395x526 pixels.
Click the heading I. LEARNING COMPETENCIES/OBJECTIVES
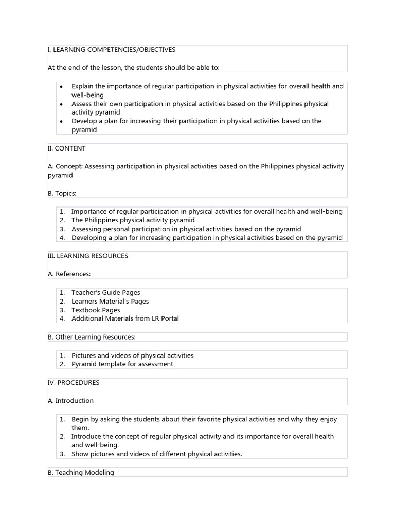[112, 50]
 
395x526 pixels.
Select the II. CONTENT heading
[67, 148]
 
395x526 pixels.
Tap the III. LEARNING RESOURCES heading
[88, 256]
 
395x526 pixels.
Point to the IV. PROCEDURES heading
[74, 383]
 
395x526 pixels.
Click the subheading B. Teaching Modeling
[81, 473]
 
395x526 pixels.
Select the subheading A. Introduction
[71, 401]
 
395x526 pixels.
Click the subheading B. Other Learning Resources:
[92, 337]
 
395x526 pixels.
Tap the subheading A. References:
[69, 274]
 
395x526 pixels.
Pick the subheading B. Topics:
[62, 194]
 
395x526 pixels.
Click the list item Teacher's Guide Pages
[105, 293]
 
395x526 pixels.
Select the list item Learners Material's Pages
[110, 302]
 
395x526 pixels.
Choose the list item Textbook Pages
[96, 310]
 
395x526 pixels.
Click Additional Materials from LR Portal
[125, 318]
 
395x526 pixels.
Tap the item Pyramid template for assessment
[122, 364]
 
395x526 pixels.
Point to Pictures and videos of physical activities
[132, 355]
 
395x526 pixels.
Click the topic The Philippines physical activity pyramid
[133, 220]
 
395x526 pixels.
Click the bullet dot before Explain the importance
[61, 87]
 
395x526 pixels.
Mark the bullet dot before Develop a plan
[61, 122]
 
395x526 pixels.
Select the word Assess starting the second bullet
[81, 104]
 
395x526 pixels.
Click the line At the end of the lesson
[133, 68]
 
